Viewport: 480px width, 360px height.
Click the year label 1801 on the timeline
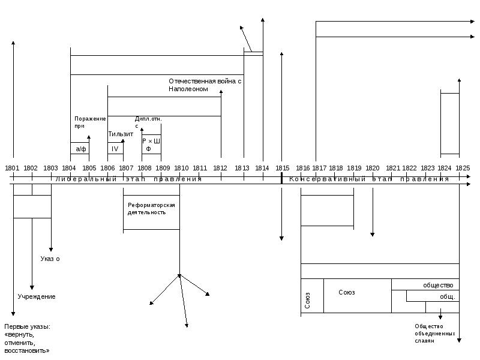click(13, 169)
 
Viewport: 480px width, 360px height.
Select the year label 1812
click(220, 169)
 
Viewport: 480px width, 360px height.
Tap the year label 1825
click(462, 169)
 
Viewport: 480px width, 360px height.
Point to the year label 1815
click(282, 169)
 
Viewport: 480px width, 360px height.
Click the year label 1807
click(126, 169)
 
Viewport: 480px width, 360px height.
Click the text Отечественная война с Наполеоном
click(205, 85)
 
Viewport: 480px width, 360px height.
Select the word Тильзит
click(121, 134)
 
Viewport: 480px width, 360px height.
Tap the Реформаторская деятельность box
click(151, 209)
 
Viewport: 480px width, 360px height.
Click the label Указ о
click(50, 259)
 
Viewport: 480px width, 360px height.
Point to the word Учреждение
click(36, 297)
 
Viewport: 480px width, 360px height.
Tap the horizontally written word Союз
click(347, 293)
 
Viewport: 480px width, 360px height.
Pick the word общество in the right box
click(438, 285)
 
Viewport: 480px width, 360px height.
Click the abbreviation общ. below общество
click(448, 296)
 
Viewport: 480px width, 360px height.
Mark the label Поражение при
click(90, 122)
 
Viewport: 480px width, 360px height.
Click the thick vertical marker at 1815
click(281, 178)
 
